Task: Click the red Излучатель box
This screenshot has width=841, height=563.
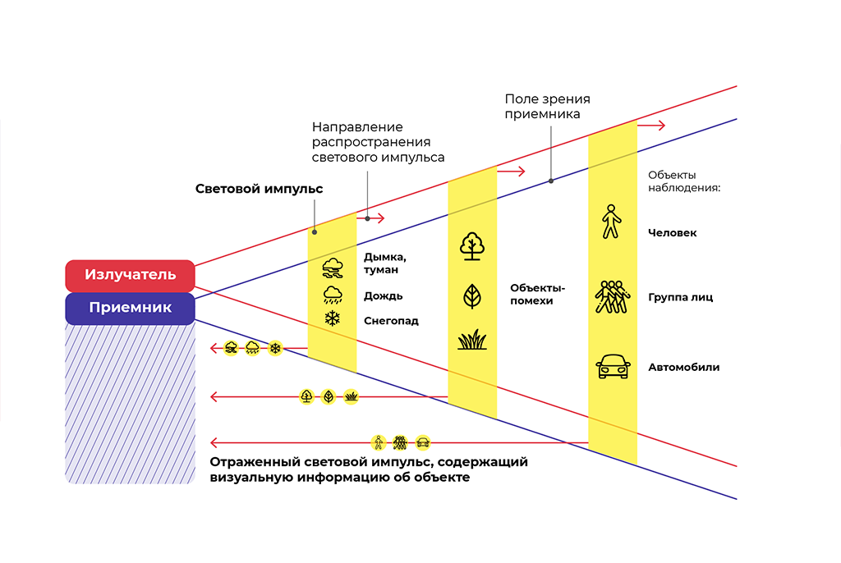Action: [x=130, y=275]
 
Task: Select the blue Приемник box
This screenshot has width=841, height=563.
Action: [x=130, y=309]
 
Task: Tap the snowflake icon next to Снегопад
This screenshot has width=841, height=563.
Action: [x=333, y=318]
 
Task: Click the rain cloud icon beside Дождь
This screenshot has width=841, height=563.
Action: [x=333, y=295]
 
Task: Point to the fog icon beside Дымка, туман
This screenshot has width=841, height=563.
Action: [x=333, y=268]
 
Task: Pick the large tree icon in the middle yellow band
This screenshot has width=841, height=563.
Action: [x=472, y=246]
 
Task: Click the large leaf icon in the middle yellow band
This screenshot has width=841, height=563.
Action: [x=472, y=296]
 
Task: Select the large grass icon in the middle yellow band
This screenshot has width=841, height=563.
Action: [x=472, y=340]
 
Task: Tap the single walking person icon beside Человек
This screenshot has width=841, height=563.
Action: [x=611, y=222]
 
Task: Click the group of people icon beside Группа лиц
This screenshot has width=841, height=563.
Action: [x=612, y=296]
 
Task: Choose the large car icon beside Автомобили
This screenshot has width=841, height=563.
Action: [x=613, y=366]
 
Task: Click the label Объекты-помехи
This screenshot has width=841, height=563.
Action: [x=537, y=295]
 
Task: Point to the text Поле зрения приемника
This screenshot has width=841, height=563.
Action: [x=547, y=106]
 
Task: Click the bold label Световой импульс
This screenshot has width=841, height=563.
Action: [x=259, y=189]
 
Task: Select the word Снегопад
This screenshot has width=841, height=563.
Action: [x=391, y=321]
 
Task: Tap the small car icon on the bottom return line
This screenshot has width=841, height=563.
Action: [x=423, y=443]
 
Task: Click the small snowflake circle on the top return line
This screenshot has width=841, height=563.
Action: [x=275, y=349]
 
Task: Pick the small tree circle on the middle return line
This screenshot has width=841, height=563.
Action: [x=306, y=396]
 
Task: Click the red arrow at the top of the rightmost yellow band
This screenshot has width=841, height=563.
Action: [x=651, y=126]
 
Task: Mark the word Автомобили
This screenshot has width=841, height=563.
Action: [x=684, y=368]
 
